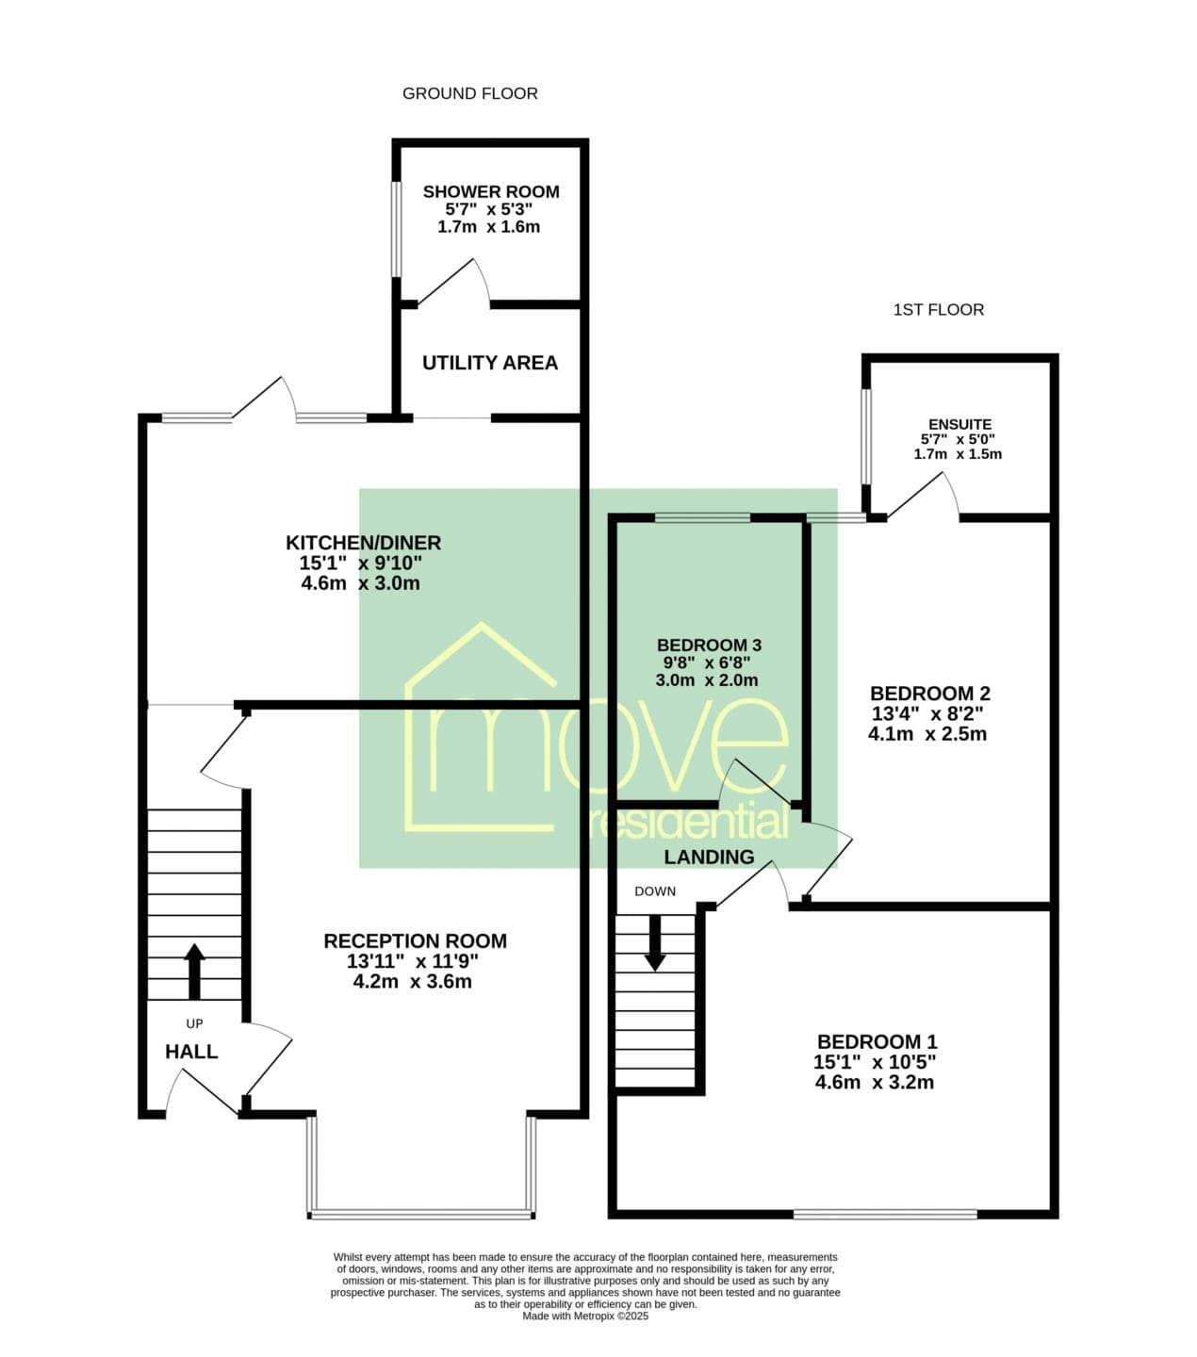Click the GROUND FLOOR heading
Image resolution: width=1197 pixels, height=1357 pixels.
click(x=469, y=94)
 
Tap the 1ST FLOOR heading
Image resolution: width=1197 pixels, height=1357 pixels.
click(x=939, y=310)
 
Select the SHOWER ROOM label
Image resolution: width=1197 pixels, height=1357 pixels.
click(x=491, y=192)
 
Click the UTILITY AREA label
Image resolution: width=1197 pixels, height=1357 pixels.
click(x=490, y=363)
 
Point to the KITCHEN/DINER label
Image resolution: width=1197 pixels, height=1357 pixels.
click(x=363, y=543)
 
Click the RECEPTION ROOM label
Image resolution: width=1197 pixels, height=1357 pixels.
click(x=415, y=941)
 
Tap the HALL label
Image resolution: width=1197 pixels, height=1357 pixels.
click(x=191, y=1052)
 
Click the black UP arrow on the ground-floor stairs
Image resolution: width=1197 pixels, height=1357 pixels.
click(x=194, y=972)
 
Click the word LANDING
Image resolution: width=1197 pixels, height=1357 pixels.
click(x=709, y=858)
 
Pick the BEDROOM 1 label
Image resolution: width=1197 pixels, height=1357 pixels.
click(x=877, y=1042)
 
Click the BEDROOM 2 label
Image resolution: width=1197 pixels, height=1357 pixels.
click(x=929, y=694)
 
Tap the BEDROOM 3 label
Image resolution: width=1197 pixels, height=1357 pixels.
click(x=709, y=645)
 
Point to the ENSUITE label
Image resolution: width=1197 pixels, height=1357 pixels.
click(x=959, y=424)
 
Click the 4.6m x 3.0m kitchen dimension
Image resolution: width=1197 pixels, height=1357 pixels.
click(x=360, y=582)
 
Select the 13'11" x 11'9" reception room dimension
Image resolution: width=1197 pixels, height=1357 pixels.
click(x=413, y=962)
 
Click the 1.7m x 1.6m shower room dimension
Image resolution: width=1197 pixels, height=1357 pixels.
click(x=488, y=226)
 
